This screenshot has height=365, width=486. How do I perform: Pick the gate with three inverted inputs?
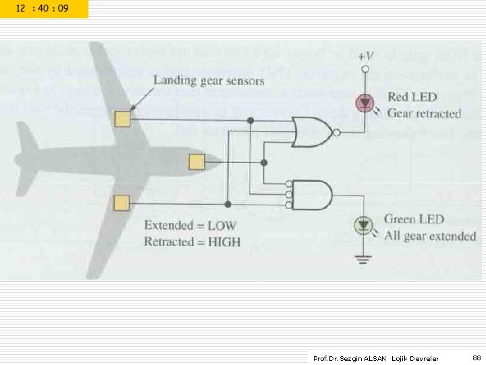[x=311, y=194]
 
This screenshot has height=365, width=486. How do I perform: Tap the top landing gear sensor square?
[x=122, y=120]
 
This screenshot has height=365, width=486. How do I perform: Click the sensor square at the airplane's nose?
[x=196, y=162]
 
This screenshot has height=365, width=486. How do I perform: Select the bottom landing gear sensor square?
[x=122, y=203]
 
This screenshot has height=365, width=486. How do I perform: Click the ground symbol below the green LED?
[x=365, y=257]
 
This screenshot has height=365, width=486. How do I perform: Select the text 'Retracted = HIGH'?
[x=192, y=241]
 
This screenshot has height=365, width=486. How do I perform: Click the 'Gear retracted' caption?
[x=424, y=114]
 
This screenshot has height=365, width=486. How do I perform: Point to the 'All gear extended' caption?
[x=430, y=236]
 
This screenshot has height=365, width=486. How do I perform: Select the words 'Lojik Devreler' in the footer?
[x=415, y=358]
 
